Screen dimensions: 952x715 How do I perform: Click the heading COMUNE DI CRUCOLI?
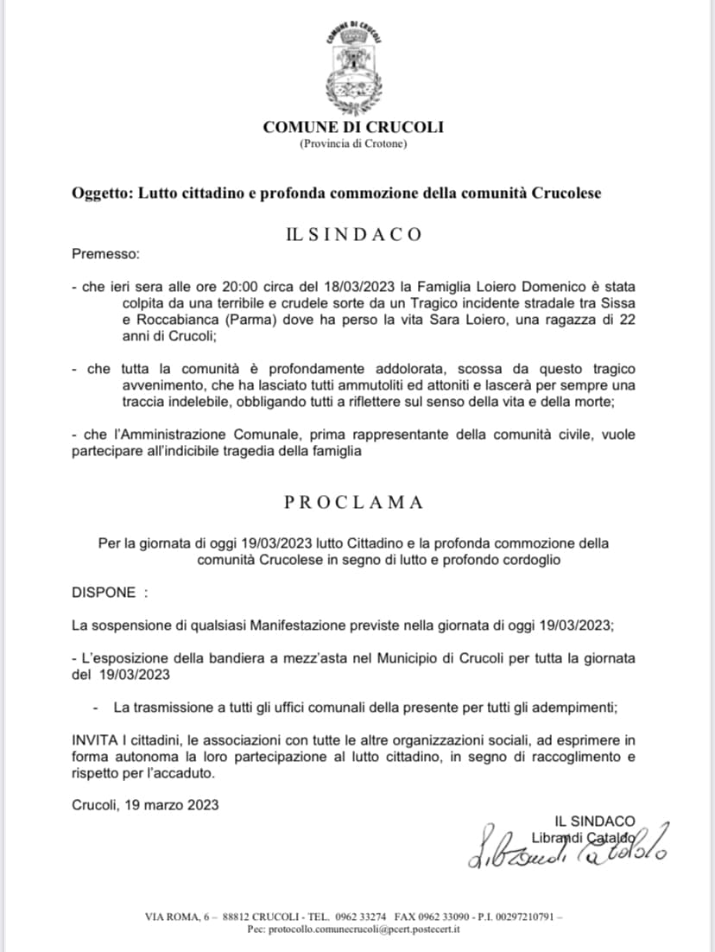click(353, 128)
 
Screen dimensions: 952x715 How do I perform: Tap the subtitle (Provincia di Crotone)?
click(353, 143)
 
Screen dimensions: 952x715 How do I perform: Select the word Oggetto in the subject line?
click(98, 194)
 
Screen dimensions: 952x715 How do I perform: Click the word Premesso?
click(104, 255)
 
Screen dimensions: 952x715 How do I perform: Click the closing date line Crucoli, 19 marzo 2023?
click(145, 804)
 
